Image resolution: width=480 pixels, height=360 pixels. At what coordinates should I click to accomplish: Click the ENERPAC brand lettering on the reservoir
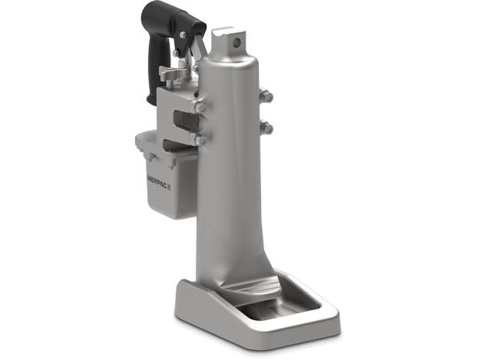pyautogui.click(x=158, y=183)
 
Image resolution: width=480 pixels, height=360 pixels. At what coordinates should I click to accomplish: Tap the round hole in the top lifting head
pyautogui.click(x=236, y=43)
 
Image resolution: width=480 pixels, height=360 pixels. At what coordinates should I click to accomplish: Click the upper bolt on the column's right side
pyautogui.click(x=266, y=95)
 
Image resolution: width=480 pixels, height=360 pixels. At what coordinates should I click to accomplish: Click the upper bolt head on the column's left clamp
pyautogui.click(x=199, y=107)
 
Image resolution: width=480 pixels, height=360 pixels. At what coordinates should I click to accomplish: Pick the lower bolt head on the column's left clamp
pyautogui.click(x=200, y=140)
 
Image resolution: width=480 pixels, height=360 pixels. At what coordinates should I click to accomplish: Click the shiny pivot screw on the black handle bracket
pyautogui.click(x=183, y=35)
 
